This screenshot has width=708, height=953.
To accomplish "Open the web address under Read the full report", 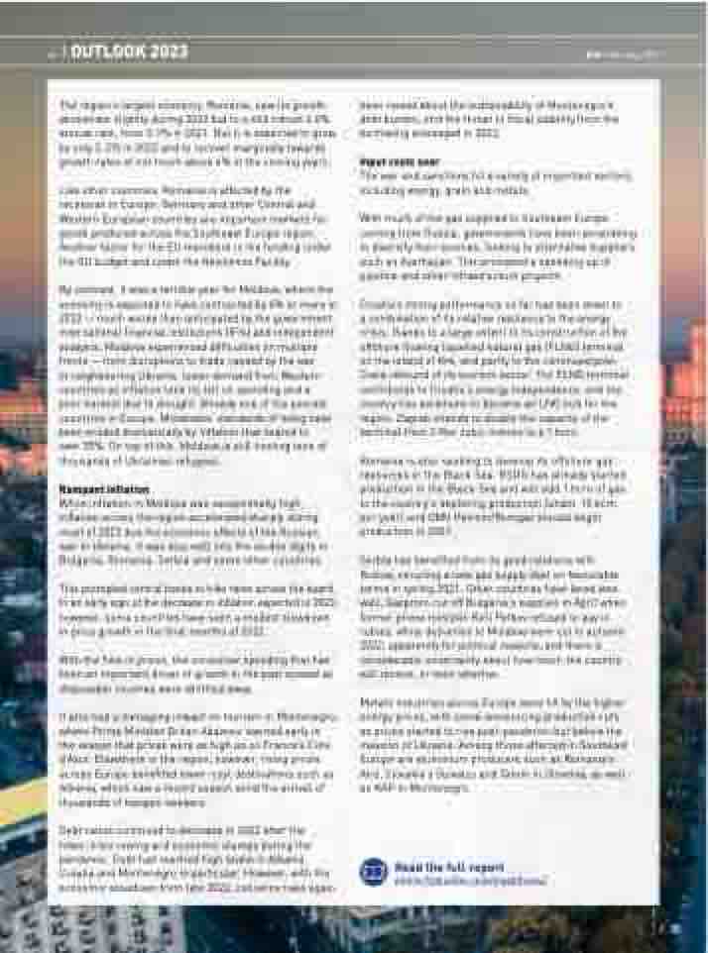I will [470, 879].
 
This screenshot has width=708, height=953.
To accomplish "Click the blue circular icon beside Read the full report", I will [374, 872].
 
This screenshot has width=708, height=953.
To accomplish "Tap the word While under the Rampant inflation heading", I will [72, 502].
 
